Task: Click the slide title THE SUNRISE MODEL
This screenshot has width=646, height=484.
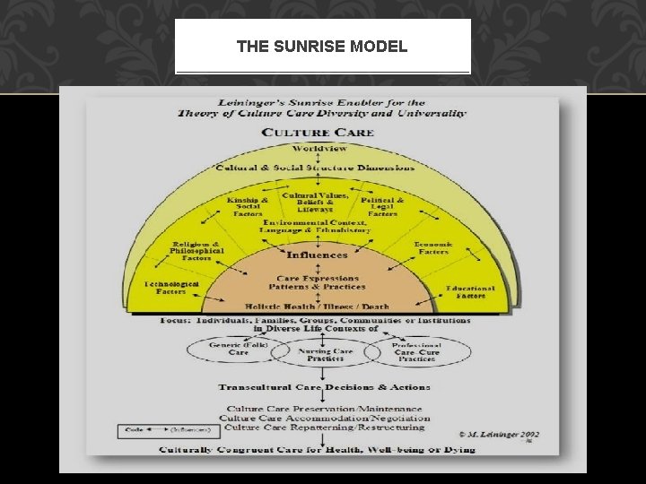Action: click(x=322, y=46)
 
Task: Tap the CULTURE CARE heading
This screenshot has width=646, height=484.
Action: click(x=320, y=133)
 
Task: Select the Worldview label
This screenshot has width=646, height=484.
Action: click(x=319, y=148)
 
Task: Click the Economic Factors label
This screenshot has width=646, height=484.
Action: click(x=433, y=248)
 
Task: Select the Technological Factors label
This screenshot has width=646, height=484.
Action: click(x=170, y=287)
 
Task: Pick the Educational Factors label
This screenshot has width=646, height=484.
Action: click(x=470, y=292)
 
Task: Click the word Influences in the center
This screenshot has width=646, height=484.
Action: click(x=318, y=255)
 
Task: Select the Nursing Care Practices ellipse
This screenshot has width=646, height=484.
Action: click(x=319, y=353)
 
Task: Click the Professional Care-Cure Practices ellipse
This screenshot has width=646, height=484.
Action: click(x=416, y=350)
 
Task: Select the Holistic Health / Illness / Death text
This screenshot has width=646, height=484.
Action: click(x=319, y=305)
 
